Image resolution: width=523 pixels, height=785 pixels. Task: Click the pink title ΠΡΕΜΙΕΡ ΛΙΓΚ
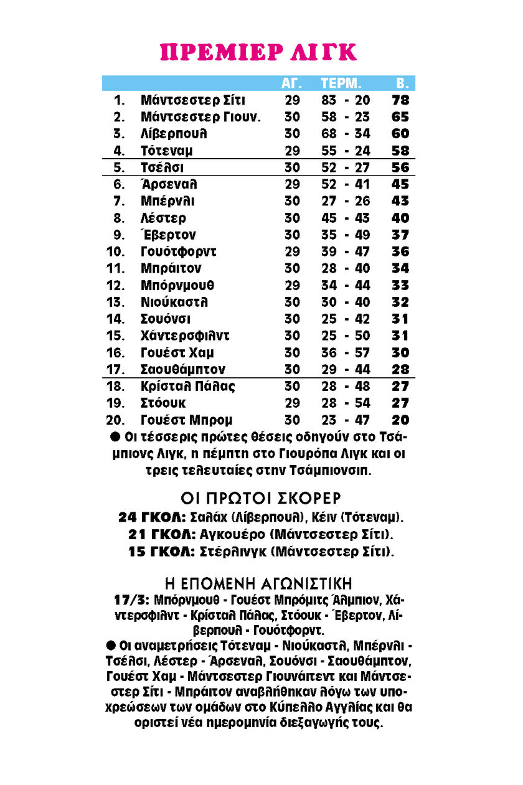click(x=258, y=52)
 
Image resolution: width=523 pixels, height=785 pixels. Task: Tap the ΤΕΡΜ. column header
click(x=341, y=83)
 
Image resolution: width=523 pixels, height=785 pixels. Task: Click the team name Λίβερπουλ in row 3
click(x=174, y=133)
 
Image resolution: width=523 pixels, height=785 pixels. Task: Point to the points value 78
click(x=400, y=100)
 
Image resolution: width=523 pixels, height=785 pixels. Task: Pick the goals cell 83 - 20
click(x=346, y=100)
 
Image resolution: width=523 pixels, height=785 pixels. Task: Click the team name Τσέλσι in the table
click(x=163, y=167)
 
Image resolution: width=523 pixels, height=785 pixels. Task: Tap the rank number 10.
click(x=118, y=251)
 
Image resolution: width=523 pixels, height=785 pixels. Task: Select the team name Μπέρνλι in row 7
click(x=167, y=201)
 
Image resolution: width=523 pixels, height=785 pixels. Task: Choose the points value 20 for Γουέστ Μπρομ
click(x=400, y=420)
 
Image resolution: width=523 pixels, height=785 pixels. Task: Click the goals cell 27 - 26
click(x=346, y=201)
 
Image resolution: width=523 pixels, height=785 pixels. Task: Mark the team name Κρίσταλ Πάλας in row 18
click(x=188, y=386)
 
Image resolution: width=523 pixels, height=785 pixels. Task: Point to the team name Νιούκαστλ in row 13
click(x=174, y=302)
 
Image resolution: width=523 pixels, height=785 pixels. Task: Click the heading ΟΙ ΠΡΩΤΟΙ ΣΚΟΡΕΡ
click(x=261, y=499)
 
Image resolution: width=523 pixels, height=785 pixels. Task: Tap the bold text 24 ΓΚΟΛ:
click(x=152, y=517)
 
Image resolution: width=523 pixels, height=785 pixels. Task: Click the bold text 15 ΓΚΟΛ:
click(x=162, y=552)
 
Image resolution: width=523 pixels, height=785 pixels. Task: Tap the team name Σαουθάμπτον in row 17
click(x=183, y=369)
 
